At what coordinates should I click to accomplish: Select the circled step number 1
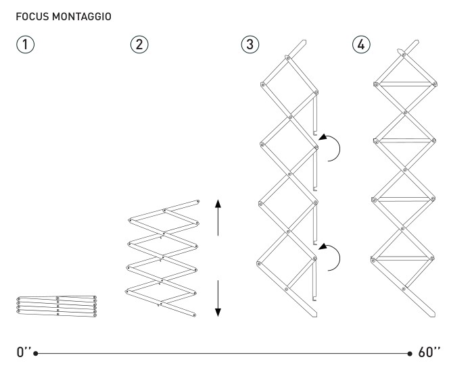tap(25, 45)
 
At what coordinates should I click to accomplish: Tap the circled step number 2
tap(138, 45)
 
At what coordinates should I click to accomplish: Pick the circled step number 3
tap(250, 45)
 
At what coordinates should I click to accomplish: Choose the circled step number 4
tap(362, 45)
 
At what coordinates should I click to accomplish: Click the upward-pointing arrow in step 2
tap(218, 216)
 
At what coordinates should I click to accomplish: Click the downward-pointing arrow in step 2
tap(218, 297)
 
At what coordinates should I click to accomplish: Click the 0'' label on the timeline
tap(24, 352)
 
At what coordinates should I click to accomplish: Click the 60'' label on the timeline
tap(429, 352)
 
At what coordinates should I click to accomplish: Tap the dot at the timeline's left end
tap(35, 352)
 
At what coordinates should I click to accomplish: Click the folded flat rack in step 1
tap(57, 304)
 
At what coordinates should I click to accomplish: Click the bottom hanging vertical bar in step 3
tap(315, 277)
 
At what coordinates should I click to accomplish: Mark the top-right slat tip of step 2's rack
tap(197, 200)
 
